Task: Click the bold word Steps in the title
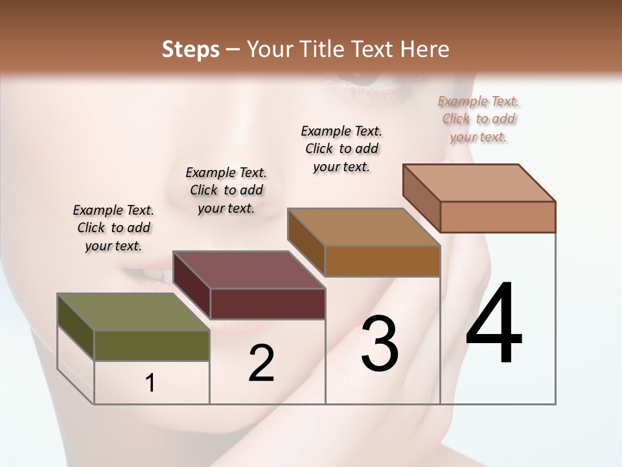click(x=190, y=49)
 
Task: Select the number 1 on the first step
click(x=150, y=383)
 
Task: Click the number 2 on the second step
click(x=261, y=363)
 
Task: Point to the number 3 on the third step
click(x=380, y=344)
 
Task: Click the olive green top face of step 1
click(x=133, y=311)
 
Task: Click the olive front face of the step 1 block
click(x=152, y=345)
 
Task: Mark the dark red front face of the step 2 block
click(x=268, y=304)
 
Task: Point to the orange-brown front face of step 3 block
click(x=382, y=261)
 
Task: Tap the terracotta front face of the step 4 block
click(x=498, y=217)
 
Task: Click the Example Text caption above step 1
click(x=113, y=228)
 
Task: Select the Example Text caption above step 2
click(x=226, y=190)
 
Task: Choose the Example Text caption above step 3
click(x=341, y=149)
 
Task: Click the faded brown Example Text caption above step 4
click(x=478, y=119)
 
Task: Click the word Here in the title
click(x=426, y=49)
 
